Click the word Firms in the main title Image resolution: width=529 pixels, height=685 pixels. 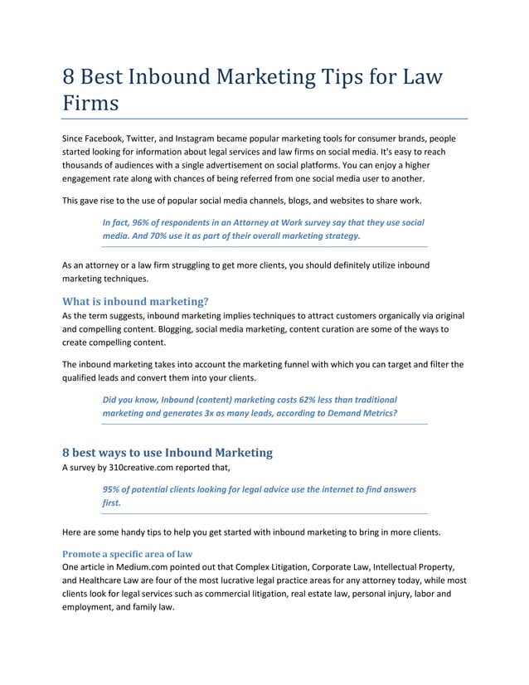(91, 104)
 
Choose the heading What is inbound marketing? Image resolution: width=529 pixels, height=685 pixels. (135, 300)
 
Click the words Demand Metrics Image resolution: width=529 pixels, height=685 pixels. (362, 413)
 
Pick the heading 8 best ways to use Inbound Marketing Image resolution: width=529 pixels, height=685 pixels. (167, 453)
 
